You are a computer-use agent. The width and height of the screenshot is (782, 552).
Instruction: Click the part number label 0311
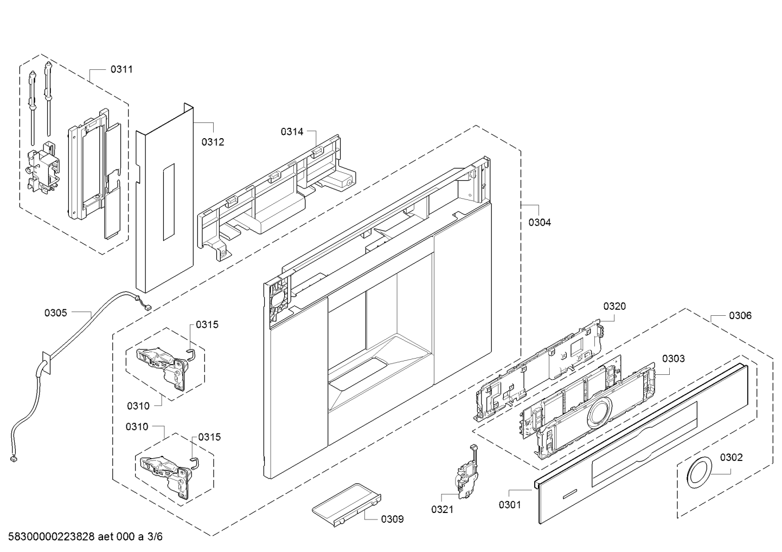[x=121, y=69]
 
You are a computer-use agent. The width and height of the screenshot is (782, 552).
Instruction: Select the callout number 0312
[x=213, y=142]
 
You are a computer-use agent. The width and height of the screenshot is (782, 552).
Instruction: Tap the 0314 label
[x=292, y=132]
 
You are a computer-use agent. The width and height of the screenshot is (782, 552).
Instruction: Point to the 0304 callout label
[x=540, y=222]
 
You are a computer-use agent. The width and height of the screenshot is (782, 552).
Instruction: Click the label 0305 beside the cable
[x=55, y=313]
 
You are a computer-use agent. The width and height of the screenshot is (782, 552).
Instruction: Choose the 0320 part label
[x=614, y=306]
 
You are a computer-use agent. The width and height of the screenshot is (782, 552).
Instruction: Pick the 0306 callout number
[x=740, y=316]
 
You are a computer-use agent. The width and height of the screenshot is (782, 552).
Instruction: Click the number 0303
[x=674, y=359]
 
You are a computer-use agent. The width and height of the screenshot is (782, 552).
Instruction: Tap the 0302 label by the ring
[x=732, y=457]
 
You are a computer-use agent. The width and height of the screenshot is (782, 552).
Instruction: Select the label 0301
[x=510, y=504]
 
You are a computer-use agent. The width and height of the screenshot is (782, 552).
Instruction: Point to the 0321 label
[x=443, y=509]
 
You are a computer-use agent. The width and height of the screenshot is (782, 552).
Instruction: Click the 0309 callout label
[x=393, y=519]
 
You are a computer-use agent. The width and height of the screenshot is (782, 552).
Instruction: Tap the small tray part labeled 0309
[x=347, y=504]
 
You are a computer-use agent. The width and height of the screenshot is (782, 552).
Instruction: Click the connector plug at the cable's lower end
[x=14, y=460]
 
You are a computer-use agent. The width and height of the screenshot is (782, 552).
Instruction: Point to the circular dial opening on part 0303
[x=599, y=413]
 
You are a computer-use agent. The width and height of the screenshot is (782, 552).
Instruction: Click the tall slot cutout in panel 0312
[x=169, y=202]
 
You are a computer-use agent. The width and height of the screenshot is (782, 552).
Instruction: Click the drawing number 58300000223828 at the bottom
[x=52, y=537]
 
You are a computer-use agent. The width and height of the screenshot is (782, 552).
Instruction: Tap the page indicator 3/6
[x=155, y=537]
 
